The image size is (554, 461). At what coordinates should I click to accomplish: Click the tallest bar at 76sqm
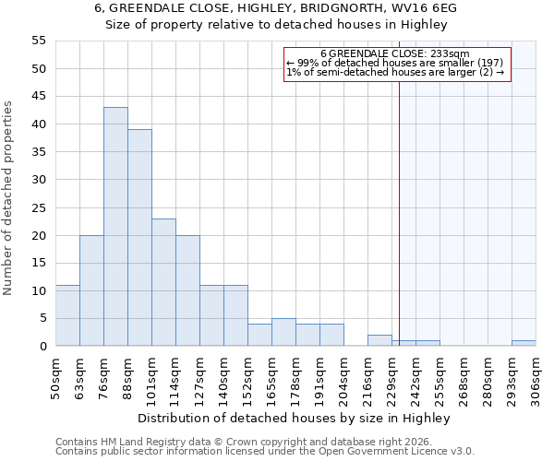pos(115,227)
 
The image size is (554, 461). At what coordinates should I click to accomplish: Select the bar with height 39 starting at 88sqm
pos(139,238)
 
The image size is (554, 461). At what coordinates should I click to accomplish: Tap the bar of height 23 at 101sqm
pos(163,282)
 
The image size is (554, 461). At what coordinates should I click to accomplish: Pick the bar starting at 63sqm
pos(91,290)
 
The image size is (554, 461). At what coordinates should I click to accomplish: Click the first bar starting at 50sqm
pos(67,315)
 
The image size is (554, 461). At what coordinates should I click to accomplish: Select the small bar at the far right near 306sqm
pos(524,343)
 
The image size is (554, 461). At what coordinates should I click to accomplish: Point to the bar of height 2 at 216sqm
pos(379,340)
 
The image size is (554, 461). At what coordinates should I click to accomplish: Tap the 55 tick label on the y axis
pos(39,41)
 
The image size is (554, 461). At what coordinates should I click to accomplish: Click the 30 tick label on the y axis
pos(39,180)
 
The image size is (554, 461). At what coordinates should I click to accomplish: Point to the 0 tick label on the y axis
pos(42,347)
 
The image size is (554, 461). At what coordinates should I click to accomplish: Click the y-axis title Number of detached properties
pos(9,198)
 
